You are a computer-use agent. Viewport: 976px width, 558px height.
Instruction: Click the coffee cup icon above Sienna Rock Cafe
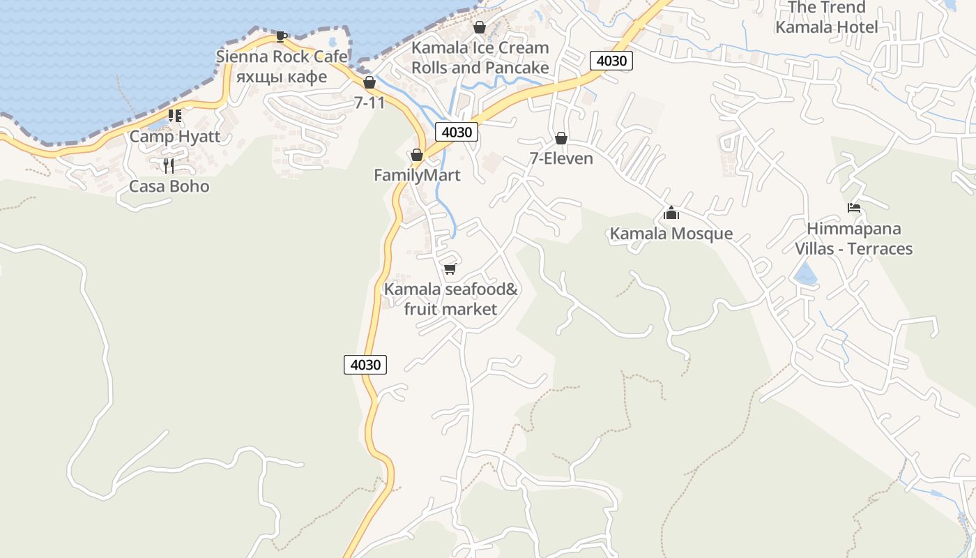point(281,36)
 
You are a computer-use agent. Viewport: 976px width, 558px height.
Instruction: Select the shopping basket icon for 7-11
point(369,82)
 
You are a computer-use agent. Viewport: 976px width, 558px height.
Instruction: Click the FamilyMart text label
point(417,175)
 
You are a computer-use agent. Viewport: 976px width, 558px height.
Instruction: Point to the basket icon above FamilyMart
point(417,155)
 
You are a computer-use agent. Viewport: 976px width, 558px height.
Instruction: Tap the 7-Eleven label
point(561,158)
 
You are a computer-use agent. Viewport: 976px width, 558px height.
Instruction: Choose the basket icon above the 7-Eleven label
point(561,138)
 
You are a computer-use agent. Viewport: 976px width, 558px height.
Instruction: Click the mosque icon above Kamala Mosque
point(671,213)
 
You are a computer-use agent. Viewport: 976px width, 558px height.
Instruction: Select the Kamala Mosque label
point(671,234)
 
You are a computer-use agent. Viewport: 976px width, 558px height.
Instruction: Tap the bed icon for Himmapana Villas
point(854,208)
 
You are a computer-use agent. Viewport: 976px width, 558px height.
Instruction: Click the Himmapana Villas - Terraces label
point(854,239)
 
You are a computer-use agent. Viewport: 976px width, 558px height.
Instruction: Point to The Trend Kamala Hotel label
point(827,17)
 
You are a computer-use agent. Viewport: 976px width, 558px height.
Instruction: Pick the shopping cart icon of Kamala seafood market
point(450,269)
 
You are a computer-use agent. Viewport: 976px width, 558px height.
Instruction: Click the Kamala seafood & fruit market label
point(451,299)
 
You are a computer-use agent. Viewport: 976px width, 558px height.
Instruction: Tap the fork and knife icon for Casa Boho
point(169,165)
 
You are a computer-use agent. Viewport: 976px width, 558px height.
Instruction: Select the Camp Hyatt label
point(175,136)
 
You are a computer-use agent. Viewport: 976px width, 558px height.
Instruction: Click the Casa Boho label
point(169,186)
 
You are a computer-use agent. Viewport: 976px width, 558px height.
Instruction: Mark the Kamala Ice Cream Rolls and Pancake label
point(480,58)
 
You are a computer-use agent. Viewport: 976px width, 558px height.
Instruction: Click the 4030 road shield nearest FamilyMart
point(457,131)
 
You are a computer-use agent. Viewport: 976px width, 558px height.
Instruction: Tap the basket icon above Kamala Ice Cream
point(480,27)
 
